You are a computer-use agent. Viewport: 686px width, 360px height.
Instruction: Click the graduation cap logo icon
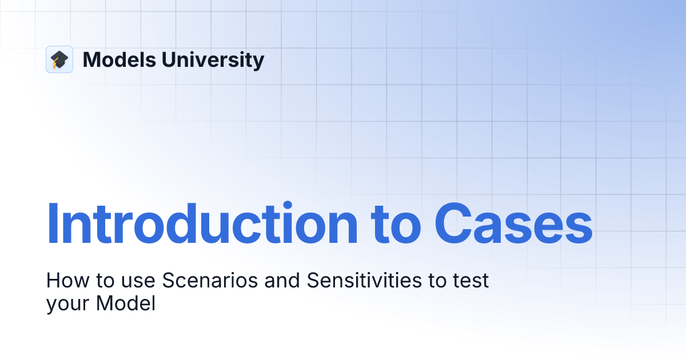(59, 59)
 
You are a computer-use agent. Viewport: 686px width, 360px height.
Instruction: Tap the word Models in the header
(117, 59)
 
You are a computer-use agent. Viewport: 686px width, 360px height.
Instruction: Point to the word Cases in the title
(513, 223)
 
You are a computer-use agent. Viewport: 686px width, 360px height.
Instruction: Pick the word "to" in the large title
(396, 225)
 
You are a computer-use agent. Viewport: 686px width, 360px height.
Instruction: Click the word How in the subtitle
(63, 281)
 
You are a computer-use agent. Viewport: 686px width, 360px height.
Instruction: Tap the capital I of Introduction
(52, 223)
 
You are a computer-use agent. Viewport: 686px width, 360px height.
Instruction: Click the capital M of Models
(91, 59)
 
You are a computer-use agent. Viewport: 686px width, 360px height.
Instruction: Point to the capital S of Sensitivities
(313, 281)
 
